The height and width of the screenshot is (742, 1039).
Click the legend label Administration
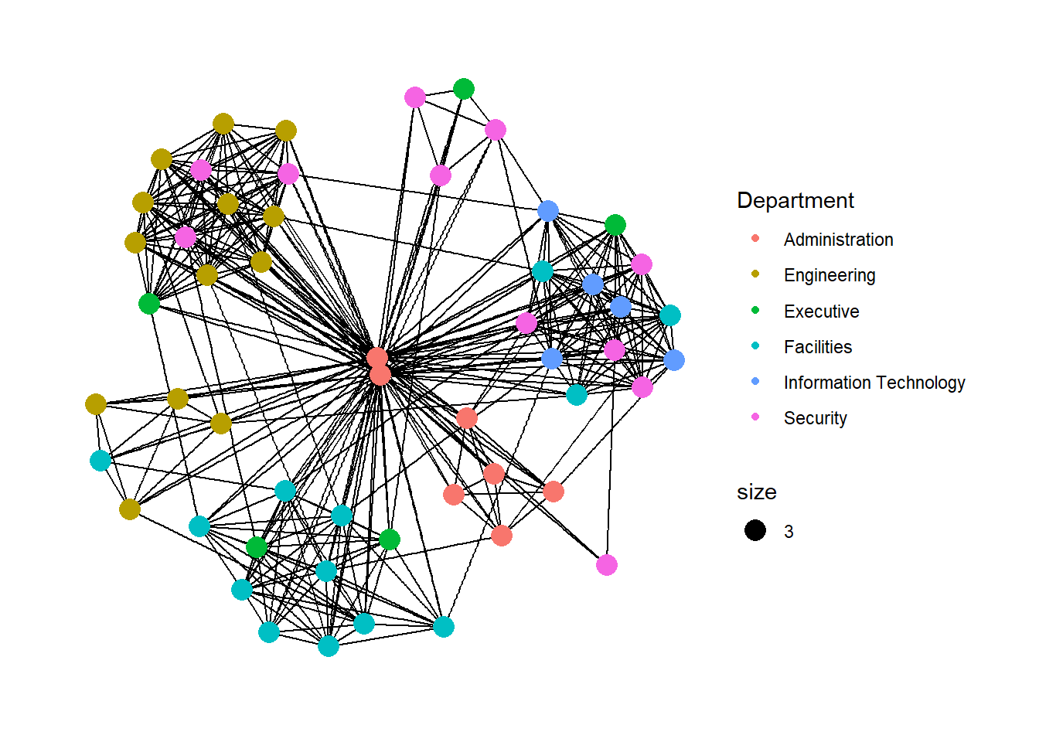838,240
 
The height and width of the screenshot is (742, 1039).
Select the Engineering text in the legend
829,275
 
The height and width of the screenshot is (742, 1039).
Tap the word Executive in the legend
822,311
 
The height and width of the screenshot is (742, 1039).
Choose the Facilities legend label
818,347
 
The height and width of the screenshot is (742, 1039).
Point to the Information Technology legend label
874,383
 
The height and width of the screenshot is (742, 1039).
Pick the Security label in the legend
815,418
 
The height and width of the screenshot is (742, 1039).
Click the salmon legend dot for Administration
755,238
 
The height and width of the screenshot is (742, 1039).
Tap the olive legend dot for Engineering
755,274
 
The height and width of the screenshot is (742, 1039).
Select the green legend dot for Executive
755,310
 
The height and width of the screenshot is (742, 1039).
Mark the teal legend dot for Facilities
755,345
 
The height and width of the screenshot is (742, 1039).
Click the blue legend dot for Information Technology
755,381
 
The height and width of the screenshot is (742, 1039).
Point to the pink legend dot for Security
755,417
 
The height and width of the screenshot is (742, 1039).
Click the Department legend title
795,201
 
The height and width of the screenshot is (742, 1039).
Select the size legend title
757,492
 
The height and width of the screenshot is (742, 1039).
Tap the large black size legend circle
755,530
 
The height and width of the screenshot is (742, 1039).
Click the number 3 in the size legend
789,532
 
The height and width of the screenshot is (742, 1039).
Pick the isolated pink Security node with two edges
606,565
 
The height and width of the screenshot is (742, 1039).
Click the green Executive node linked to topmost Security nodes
463,89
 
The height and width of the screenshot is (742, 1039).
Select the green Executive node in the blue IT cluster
615,226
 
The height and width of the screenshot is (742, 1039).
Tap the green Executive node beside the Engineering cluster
149,304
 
